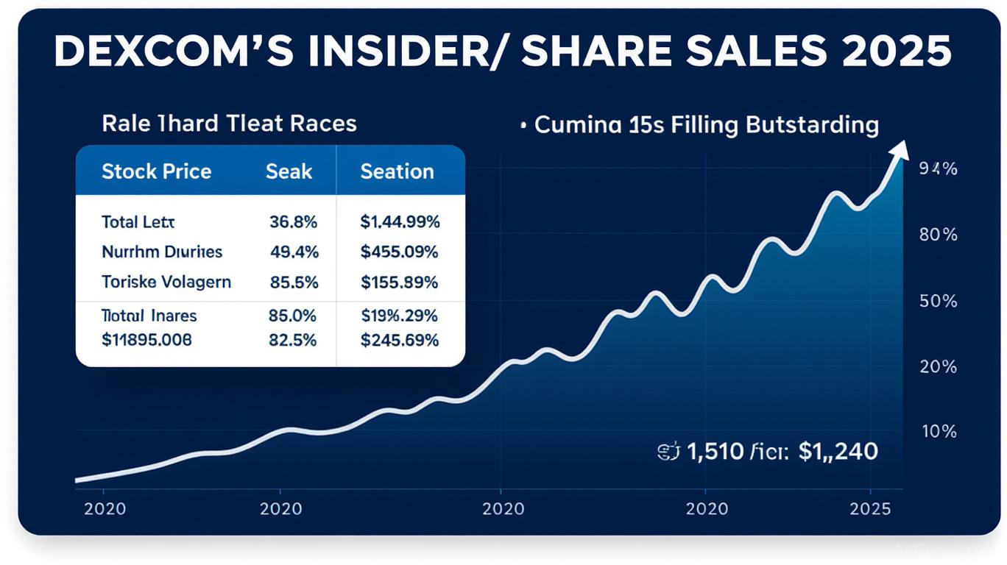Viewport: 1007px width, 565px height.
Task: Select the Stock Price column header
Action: coord(156,171)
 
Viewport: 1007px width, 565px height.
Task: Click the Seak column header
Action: coord(289,171)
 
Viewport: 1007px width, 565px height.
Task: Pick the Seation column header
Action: coord(397,171)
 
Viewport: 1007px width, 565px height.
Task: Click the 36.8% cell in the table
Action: coord(294,221)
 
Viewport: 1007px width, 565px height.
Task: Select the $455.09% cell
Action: coord(399,252)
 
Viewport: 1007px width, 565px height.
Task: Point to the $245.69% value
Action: coord(399,340)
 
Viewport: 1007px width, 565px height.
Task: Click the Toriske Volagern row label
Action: coord(166,282)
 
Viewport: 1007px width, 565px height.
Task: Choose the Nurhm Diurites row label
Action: coord(162,252)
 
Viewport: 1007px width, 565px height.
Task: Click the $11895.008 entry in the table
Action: coord(146,340)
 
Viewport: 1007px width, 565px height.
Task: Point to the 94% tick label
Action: coord(939,169)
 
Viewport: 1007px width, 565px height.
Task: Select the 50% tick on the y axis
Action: coord(939,301)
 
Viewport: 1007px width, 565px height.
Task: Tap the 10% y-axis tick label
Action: coord(939,431)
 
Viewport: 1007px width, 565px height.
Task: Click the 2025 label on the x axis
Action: coord(870,509)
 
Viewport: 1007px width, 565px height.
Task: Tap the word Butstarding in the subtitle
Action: coord(812,125)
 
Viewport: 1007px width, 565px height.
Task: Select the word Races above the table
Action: coord(323,123)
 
